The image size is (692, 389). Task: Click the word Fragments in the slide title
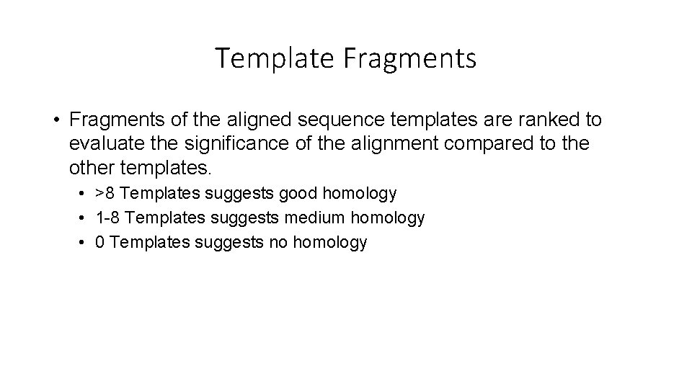pyautogui.click(x=409, y=58)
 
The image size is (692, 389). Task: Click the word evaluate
pyautogui.click(x=104, y=143)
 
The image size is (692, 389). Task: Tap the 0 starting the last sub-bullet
pyautogui.click(x=100, y=241)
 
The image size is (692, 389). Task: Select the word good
pyautogui.click(x=298, y=193)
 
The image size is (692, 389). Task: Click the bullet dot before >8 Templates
pyautogui.click(x=84, y=194)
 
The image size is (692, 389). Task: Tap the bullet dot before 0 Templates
pyautogui.click(x=84, y=242)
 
